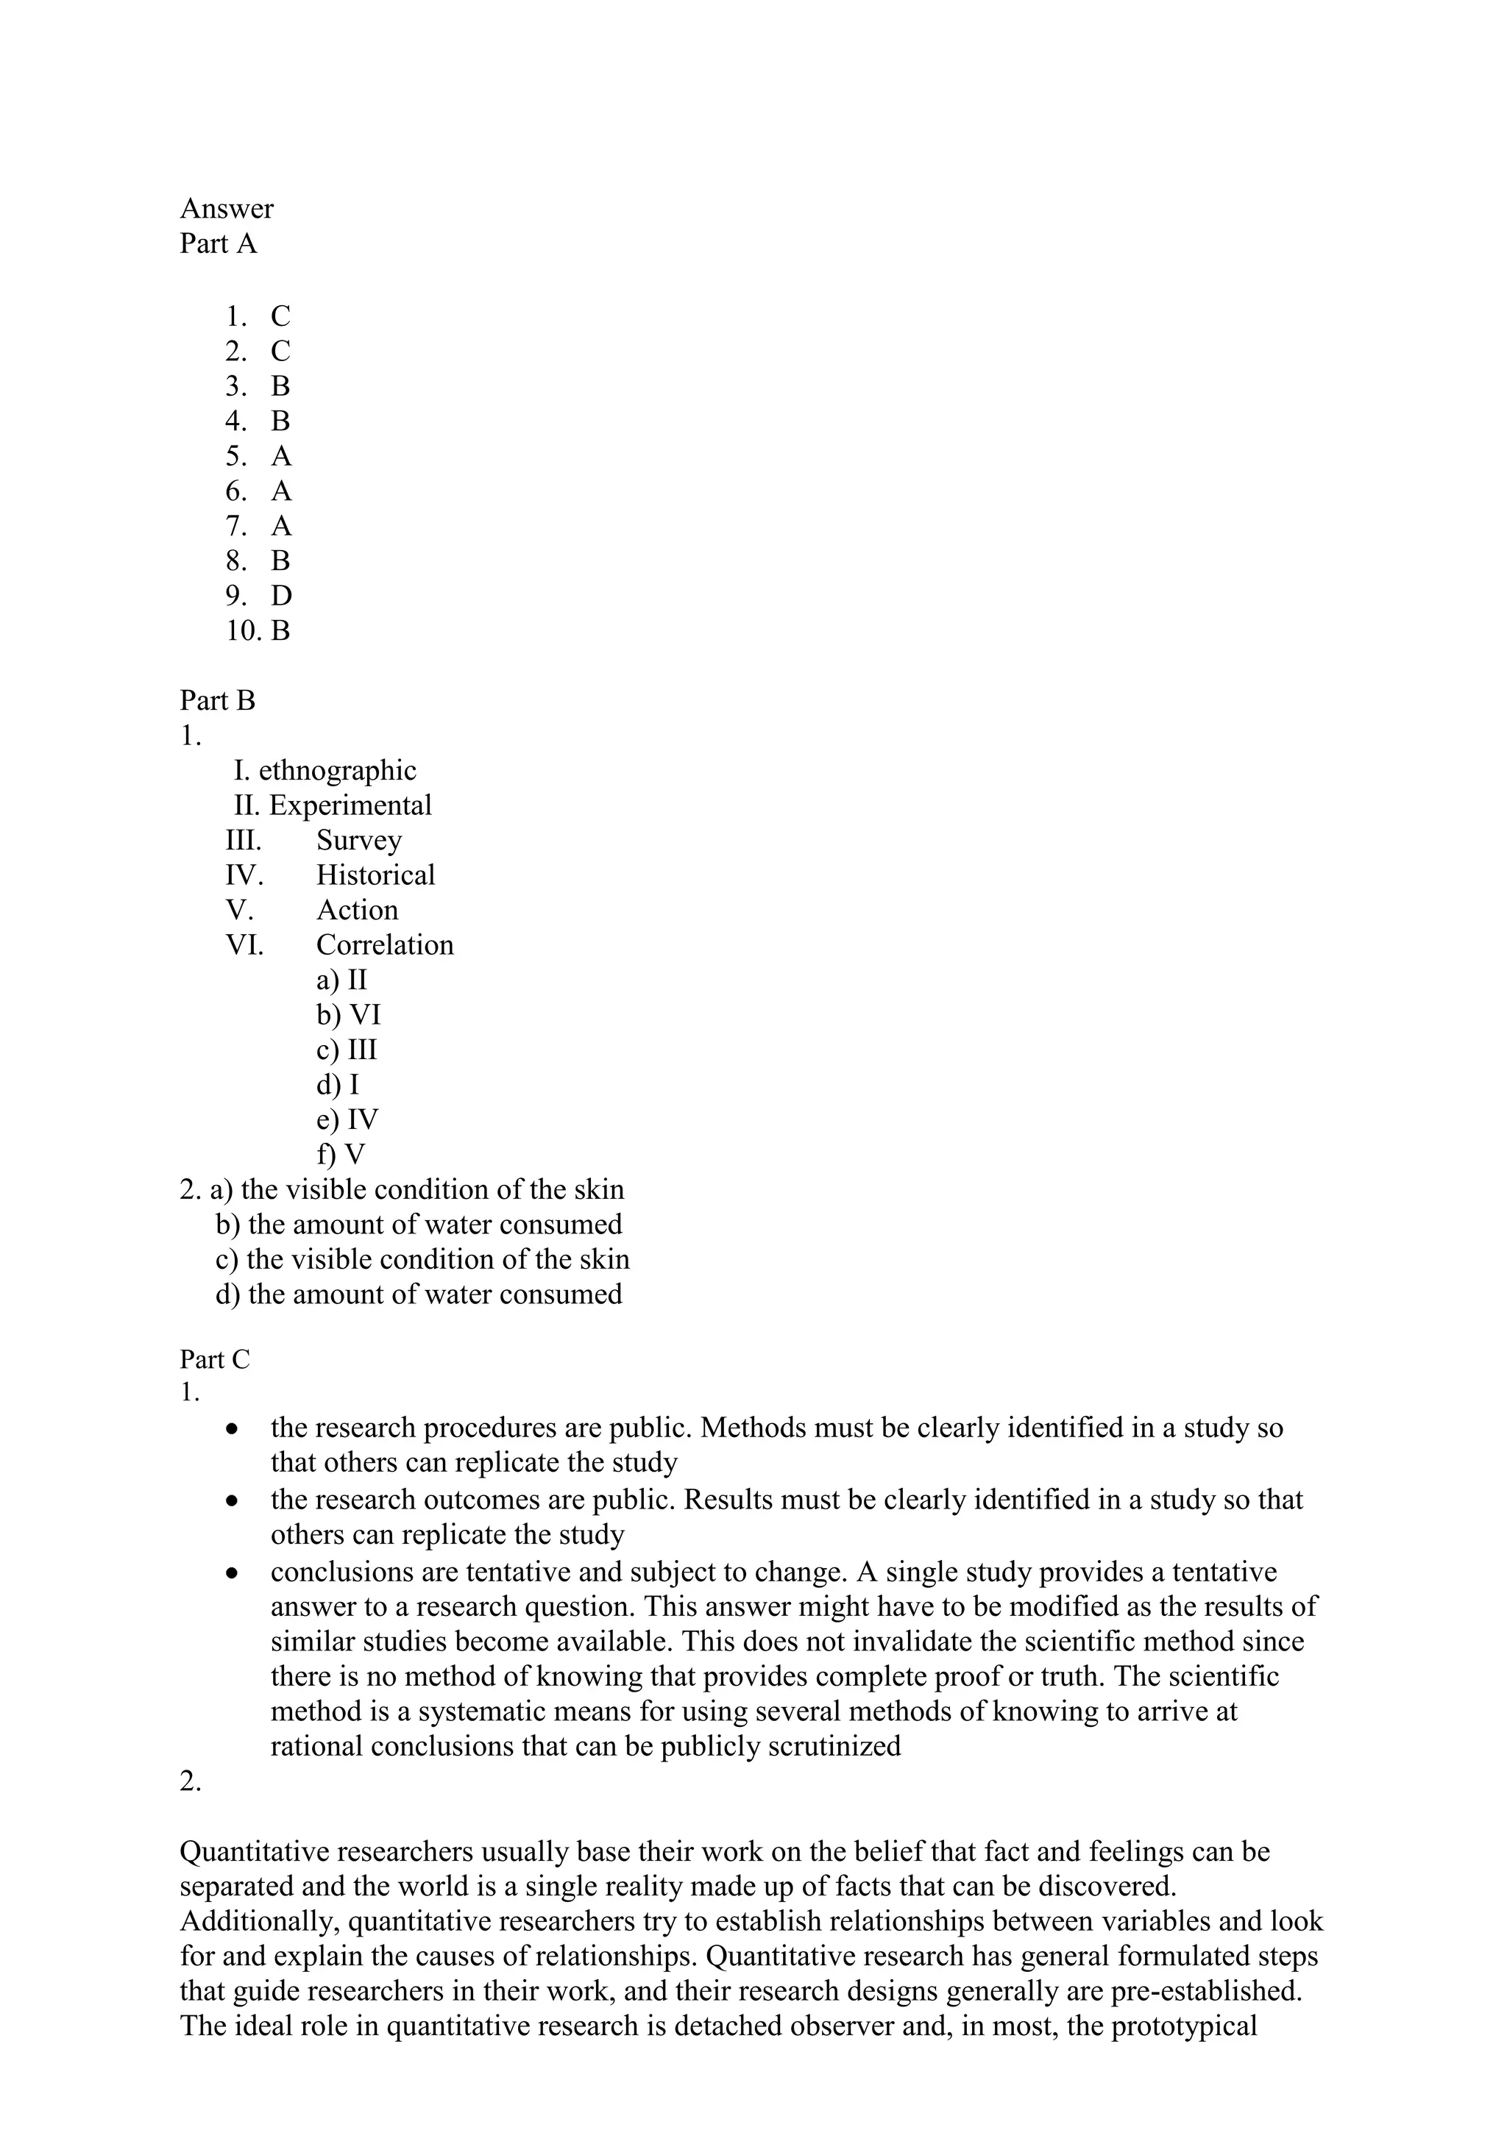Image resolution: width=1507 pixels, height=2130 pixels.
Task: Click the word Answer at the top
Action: coord(227,209)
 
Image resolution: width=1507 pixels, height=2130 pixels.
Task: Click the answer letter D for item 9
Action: coord(281,596)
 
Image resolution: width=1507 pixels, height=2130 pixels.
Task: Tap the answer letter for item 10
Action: coord(280,631)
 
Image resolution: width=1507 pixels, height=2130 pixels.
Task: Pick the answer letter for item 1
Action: coord(280,316)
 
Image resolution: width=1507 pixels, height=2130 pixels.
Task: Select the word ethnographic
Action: coord(337,770)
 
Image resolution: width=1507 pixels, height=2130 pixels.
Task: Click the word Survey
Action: coord(359,841)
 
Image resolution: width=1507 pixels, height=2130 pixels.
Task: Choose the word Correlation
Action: coord(384,945)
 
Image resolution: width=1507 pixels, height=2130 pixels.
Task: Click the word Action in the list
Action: coord(358,910)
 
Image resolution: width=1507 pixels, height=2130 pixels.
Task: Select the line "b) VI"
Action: coord(348,1015)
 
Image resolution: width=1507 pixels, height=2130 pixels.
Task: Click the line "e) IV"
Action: coord(347,1119)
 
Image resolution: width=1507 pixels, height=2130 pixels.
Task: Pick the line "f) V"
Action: coord(341,1155)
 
